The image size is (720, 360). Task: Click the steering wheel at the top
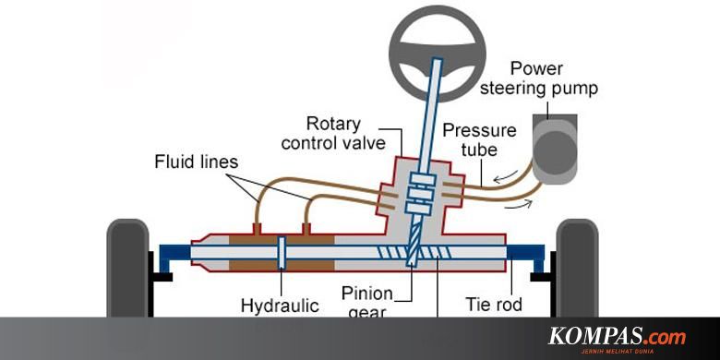pyautogui.click(x=435, y=36)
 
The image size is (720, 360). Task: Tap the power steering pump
pyautogui.click(x=554, y=152)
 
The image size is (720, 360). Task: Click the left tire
pyautogui.click(x=127, y=268)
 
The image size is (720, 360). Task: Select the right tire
pyautogui.click(x=577, y=268)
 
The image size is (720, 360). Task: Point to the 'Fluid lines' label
pyautogui.click(x=196, y=162)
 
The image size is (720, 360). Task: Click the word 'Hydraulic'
pyautogui.click(x=279, y=304)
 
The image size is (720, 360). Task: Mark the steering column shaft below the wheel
pyautogui.click(x=426, y=120)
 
